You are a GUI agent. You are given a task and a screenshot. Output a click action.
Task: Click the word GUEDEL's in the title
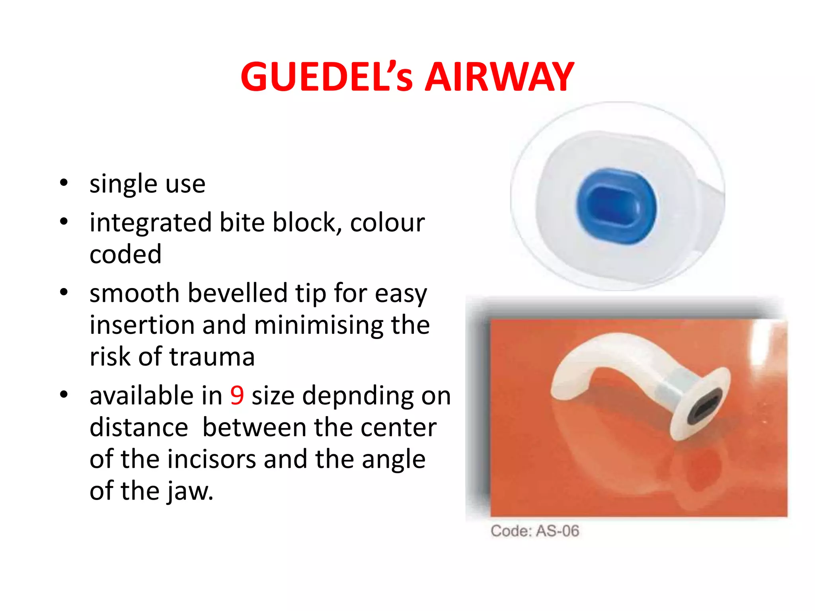[x=326, y=77]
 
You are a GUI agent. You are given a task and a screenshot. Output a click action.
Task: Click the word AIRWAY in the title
[x=499, y=77]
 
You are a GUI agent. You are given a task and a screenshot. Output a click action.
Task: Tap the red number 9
[x=237, y=395]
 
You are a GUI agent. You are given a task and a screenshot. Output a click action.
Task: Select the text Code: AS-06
[x=534, y=531]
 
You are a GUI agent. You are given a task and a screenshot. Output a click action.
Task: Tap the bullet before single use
[x=64, y=183]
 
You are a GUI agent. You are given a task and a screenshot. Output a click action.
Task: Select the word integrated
[x=150, y=223]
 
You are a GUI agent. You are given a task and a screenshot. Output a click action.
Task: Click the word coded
[x=125, y=254]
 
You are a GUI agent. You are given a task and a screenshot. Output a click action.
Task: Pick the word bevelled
[x=238, y=293]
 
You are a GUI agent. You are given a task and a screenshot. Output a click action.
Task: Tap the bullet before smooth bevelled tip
[x=64, y=293]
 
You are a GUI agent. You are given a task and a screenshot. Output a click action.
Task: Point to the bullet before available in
[x=64, y=395]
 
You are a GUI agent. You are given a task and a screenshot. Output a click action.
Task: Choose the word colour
[x=387, y=223]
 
